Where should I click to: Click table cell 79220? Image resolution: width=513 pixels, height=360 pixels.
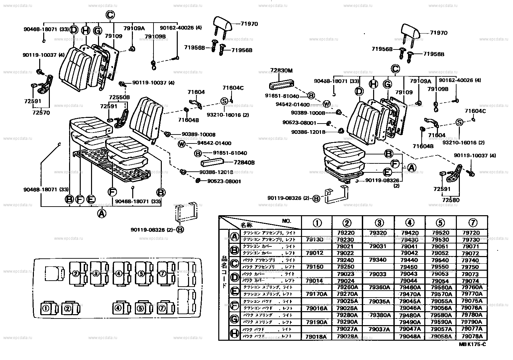click(x=345, y=233)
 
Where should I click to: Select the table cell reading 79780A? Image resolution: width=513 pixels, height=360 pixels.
click(x=472, y=315)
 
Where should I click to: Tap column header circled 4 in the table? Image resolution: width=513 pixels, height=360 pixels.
click(x=410, y=223)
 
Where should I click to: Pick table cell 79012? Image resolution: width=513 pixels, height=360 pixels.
click(x=314, y=253)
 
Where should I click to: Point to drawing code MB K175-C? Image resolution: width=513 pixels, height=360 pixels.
click(x=472, y=344)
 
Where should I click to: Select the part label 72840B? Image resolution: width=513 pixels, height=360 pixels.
click(x=244, y=162)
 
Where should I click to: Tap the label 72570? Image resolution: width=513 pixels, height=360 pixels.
click(x=41, y=113)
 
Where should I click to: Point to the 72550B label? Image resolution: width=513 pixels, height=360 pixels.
click(x=119, y=97)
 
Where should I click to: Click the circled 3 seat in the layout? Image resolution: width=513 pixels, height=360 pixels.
click(x=96, y=273)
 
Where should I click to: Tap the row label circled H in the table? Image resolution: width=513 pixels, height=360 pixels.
click(x=234, y=332)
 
